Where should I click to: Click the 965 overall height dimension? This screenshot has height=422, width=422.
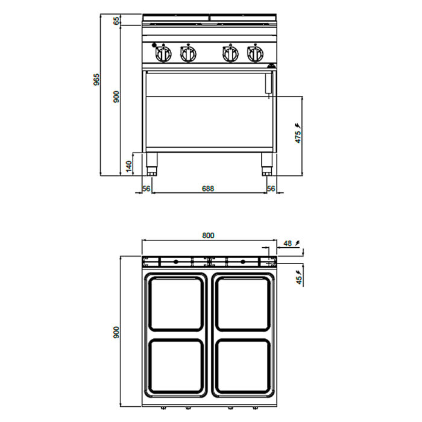96,80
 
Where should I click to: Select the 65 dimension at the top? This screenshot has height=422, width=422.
116,20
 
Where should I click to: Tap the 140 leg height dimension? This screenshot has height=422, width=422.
129,166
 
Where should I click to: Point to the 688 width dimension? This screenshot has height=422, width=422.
208,188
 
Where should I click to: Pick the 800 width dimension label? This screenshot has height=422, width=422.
208,236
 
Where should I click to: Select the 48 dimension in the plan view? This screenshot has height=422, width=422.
288,244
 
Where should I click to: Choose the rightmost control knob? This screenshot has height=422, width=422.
255,54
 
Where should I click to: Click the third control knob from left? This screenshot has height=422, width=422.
231,54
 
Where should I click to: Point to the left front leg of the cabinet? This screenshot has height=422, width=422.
151,164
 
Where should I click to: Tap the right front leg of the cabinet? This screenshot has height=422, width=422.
266,164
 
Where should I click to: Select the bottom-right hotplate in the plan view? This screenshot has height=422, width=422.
244,366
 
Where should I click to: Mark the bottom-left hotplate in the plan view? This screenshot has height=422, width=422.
176,366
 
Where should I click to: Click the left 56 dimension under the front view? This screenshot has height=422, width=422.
146,188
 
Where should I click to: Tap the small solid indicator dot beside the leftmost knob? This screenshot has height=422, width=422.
154,45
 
